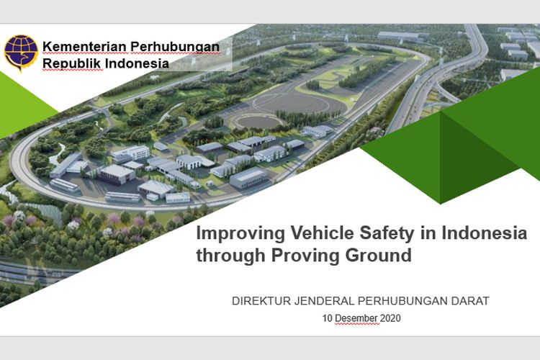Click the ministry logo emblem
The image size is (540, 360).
21,52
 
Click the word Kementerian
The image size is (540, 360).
85,47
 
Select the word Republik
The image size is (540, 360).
71,63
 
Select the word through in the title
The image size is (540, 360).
229,256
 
